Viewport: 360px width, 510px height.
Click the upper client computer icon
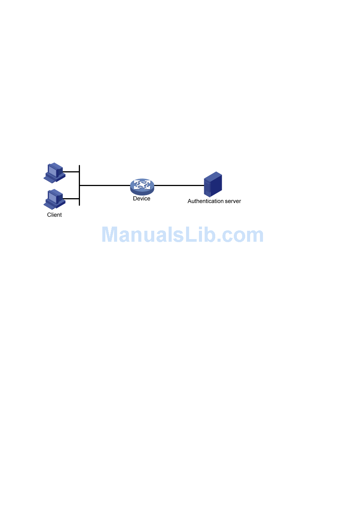coord(55,173)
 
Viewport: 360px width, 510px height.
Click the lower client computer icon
coord(55,199)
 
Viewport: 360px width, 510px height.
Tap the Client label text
coord(54,215)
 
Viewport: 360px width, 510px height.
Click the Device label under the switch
coord(142,199)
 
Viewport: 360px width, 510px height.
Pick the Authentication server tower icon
coord(213,184)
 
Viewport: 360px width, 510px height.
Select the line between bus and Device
coord(105,185)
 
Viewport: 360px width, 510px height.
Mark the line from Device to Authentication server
coord(179,185)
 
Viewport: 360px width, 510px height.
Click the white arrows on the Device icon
coord(142,185)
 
